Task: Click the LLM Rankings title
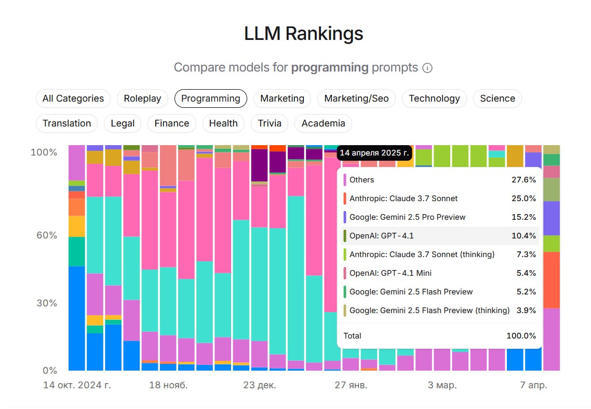pos(303,34)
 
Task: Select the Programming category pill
pos(210,98)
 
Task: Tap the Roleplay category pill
pos(142,98)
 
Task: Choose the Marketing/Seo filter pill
pos(356,98)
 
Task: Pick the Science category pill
pos(497,98)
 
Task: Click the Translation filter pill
pos(66,123)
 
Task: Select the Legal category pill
pos(123,123)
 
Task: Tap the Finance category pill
pos(171,123)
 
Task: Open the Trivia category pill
pos(270,123)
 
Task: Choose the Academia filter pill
pos(323,123)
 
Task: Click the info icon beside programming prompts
pos(427,68)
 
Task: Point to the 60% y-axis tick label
pos(46,235)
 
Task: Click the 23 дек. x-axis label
pos(260,386)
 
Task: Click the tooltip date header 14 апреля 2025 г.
pos(374,153)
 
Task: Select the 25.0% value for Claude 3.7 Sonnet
pos(523,199)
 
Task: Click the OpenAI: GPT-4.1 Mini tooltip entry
pos(390,273)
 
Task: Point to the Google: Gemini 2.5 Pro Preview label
pos(407,217)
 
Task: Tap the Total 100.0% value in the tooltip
pos(521,336)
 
